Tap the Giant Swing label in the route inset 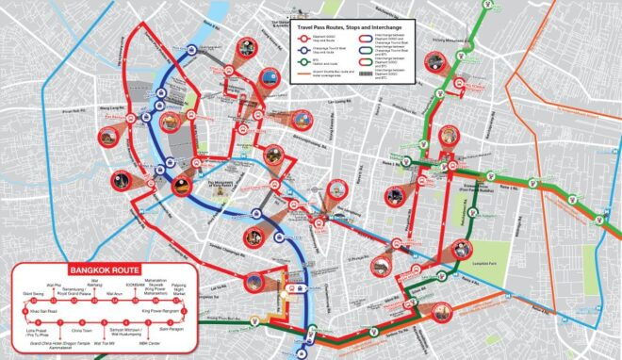click(x=32, y=293)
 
